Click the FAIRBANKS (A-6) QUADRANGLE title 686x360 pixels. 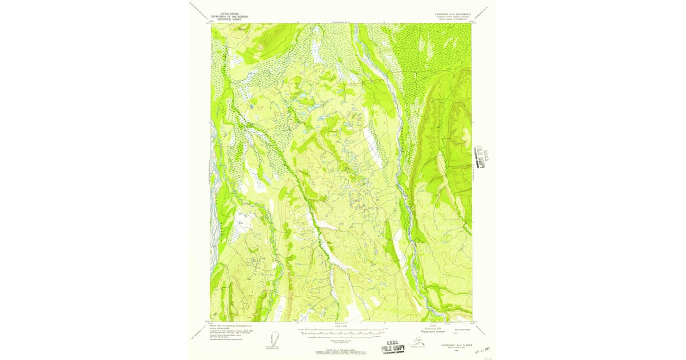(450, 12)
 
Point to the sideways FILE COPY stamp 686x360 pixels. (481, 155)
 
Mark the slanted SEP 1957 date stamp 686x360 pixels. (482, 349)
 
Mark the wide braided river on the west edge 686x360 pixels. (216, 171)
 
